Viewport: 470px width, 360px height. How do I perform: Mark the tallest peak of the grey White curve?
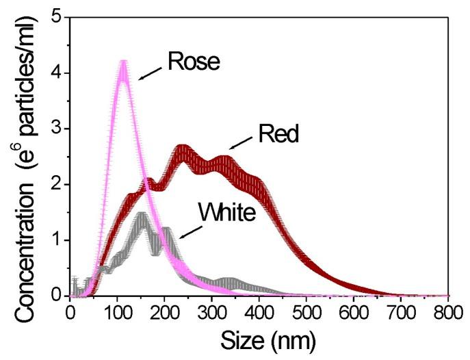142,216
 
